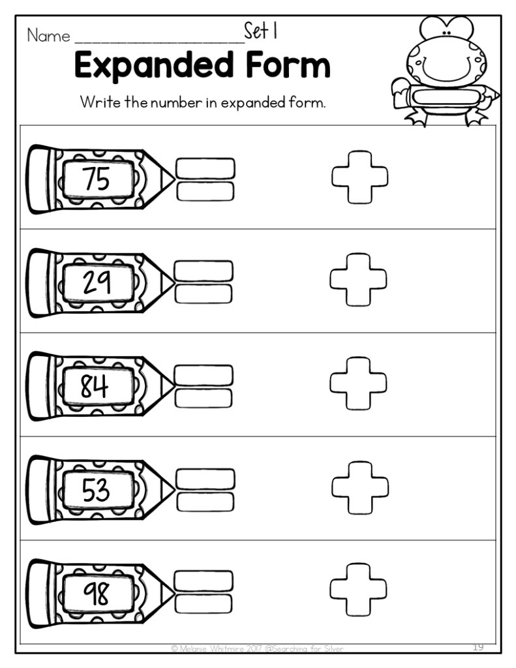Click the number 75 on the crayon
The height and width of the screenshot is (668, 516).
97,179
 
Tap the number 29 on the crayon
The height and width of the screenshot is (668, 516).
97,282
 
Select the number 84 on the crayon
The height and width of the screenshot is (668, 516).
95,387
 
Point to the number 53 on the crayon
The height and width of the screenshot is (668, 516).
96,491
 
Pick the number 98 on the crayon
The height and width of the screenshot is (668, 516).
95,593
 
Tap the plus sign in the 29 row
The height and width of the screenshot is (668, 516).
358,279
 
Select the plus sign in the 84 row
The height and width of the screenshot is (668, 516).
358,383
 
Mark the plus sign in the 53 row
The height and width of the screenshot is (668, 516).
360,487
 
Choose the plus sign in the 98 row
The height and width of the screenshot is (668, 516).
358,590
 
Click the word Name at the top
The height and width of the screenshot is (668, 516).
48,36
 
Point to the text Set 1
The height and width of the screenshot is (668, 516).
262,31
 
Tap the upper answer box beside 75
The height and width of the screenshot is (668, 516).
205,167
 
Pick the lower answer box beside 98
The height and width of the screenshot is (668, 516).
204,603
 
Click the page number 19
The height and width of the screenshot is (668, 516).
479,646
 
